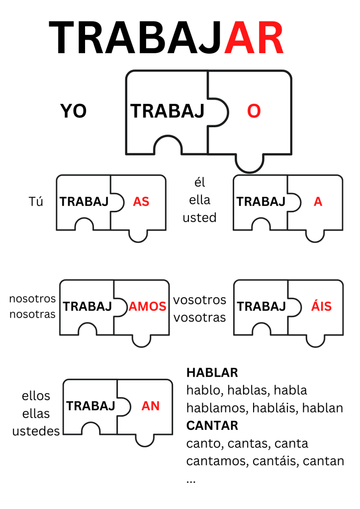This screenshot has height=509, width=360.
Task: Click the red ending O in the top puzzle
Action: (x=254, y=112)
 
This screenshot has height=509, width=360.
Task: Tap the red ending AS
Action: (x=141, y=202)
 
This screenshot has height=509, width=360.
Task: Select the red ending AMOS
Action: (x=148, y=306)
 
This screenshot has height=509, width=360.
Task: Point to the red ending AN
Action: (x=151, y=406)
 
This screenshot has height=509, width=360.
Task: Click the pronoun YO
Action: (x=74, y=111)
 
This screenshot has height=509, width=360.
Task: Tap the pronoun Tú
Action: (x=36, y=202)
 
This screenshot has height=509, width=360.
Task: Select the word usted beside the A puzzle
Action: (x=199, y=218)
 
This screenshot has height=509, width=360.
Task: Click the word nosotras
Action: (x=32, y=315)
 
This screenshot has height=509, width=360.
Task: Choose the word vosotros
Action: (x=199, y=300)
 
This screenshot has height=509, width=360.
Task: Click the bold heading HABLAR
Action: (x=212, y=373)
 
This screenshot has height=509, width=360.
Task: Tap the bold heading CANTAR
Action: (x=212, y=425)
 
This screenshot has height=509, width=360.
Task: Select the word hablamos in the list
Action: (x=217, y=408)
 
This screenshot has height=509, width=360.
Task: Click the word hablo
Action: (x=201, y=390)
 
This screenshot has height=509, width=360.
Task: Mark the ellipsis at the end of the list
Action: (x=191, y=481)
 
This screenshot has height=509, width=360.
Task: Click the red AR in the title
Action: (x=254, y=39)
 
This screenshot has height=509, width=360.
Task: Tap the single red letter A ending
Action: (x=318, y=202)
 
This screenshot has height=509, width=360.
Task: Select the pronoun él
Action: (x=199, y=183)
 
